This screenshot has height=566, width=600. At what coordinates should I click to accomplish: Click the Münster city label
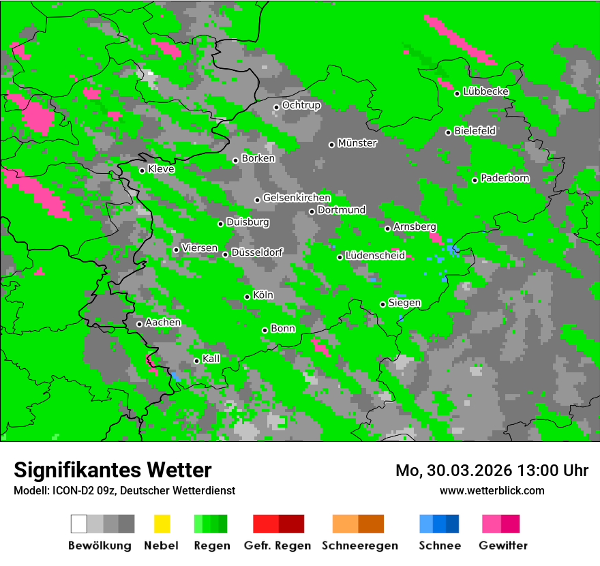coord(357,143)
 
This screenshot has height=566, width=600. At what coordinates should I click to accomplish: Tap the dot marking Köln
coord(247,297)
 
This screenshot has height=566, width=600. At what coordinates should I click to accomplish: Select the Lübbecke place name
coord(485,91)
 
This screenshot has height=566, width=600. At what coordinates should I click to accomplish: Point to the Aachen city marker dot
coord(140,324)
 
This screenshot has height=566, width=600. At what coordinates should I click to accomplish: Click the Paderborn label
coord(505,179)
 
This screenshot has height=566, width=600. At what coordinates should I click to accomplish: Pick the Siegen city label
coord(404,303)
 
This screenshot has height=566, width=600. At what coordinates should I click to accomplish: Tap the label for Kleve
coord(161,169)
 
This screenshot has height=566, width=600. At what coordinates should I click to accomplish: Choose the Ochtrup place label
coord(301,106)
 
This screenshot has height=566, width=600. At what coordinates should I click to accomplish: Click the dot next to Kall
coord(197,361)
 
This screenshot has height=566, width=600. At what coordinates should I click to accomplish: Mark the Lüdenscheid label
coord(375,256)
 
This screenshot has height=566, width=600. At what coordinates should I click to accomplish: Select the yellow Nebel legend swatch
coord(162,524)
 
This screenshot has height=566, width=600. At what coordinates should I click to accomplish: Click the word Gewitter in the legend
coord(502,546)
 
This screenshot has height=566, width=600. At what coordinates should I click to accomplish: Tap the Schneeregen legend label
coord(359,546)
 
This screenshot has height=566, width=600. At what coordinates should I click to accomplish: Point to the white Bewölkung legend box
coord(79,524)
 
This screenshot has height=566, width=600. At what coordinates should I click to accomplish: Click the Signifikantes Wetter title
coord(112,470)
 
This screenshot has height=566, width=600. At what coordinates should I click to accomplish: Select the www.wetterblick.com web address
coord(492,490)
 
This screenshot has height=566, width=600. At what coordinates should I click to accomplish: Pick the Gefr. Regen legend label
coord(277,546)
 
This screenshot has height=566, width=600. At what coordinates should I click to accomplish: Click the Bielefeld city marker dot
coord(449,132)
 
